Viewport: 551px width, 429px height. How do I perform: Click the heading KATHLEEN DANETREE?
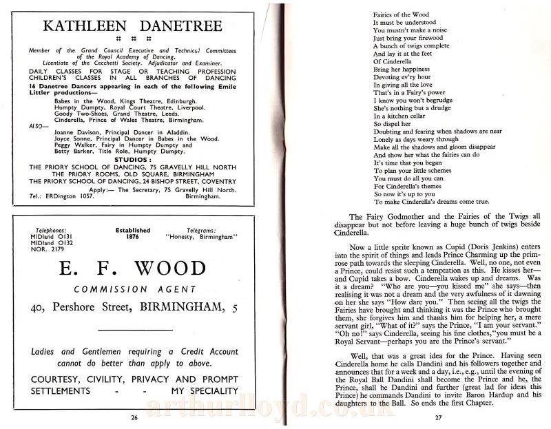[133, 26]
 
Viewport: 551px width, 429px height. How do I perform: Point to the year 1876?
[134, 237]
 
